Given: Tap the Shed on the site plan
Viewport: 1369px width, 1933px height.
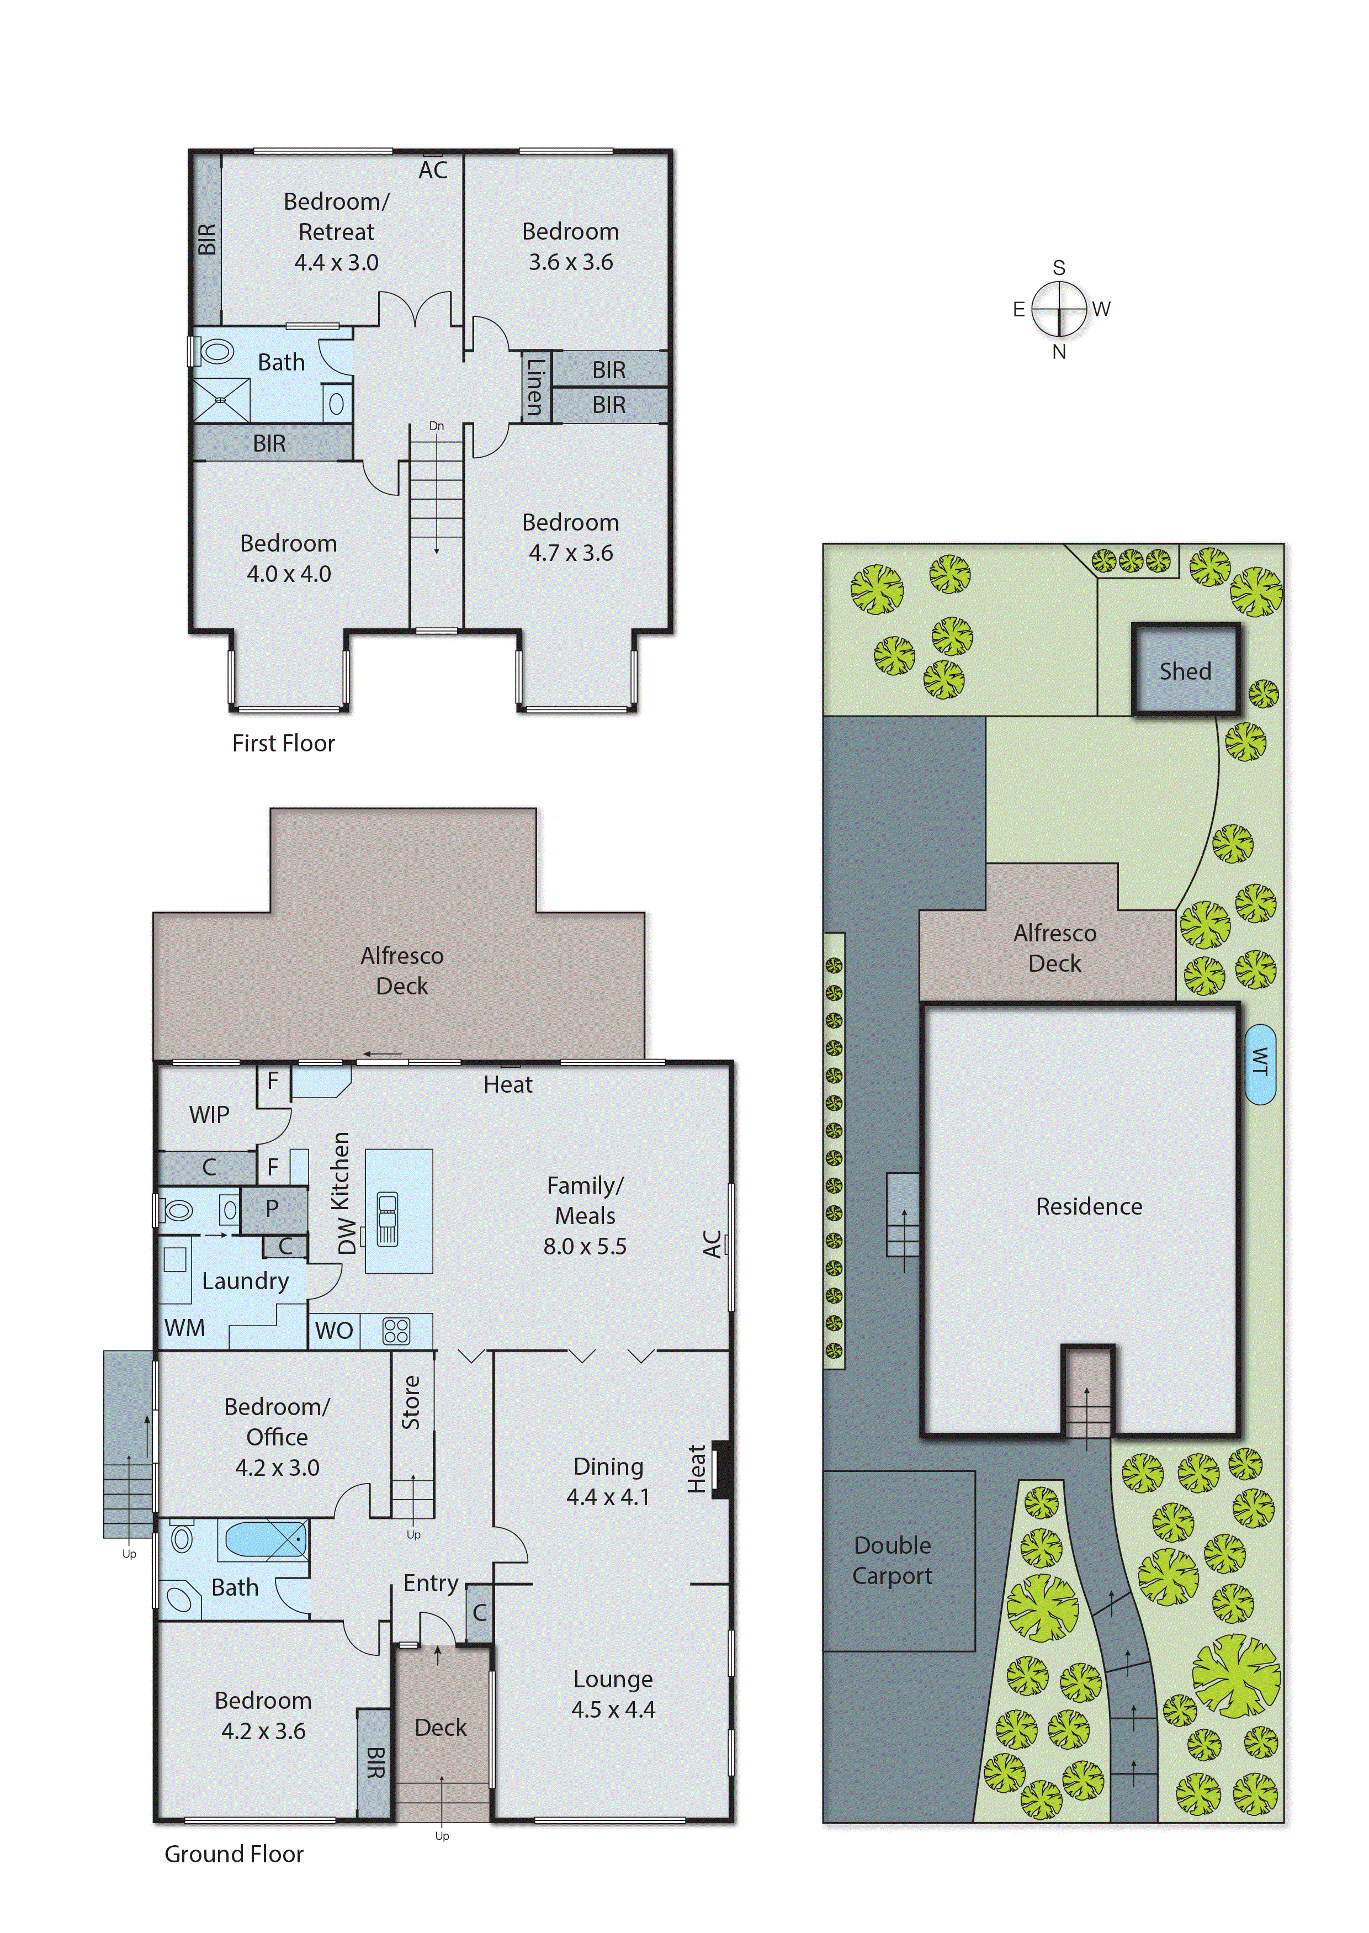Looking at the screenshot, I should click(x=1185, y=671).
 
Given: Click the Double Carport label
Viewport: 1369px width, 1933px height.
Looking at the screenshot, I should click(x=892, y=1560).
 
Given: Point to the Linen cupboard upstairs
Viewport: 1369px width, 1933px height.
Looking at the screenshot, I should click(x=534, y=386).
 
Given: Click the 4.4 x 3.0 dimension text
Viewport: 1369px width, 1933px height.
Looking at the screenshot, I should click(x=336, y=262).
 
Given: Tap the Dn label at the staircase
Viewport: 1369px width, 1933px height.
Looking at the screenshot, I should click(x=436, y=426).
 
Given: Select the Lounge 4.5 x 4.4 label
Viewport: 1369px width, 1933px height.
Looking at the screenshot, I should click(x=613, y=1694).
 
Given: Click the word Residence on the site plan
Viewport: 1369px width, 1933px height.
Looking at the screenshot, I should click(x=1088, y=1206).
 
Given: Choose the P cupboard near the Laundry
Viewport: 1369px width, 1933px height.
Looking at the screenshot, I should click(x=272, y=1208).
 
